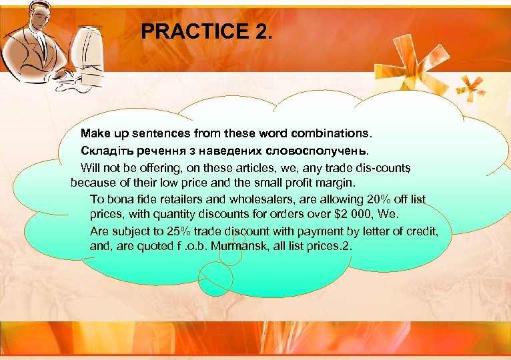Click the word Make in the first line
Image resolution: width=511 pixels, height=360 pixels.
click(x=93, y=133)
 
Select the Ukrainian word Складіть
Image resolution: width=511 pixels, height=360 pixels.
click(x=105, y=149)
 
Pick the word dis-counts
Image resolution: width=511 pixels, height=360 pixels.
click(x=380, y=165)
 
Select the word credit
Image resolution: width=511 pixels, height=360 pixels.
click(x=421, y=231)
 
